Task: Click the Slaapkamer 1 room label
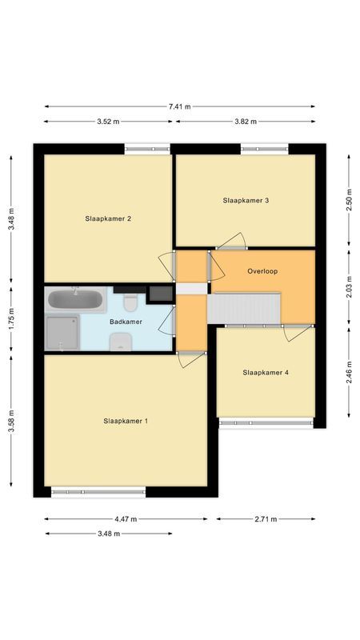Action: coord(126,421)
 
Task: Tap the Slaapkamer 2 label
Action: coord(108,218)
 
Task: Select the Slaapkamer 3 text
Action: coord(246,200)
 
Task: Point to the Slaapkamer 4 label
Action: coord(266,372)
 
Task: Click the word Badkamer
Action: coord(126,321)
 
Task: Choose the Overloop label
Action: coord(262,271)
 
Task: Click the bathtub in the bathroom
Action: coord(75,301)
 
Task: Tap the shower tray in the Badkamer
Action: coord(62,333)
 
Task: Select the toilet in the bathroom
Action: coord(131,302)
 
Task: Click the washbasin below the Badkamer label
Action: coord(121,342)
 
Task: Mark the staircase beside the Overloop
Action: coord(245,308)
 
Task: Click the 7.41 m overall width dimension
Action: coord(179,106)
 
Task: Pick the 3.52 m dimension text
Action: coord(108,122)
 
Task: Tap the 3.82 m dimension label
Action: coord(245,122)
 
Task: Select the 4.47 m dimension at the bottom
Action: coord(125,519)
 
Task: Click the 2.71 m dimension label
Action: coord(266,519)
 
